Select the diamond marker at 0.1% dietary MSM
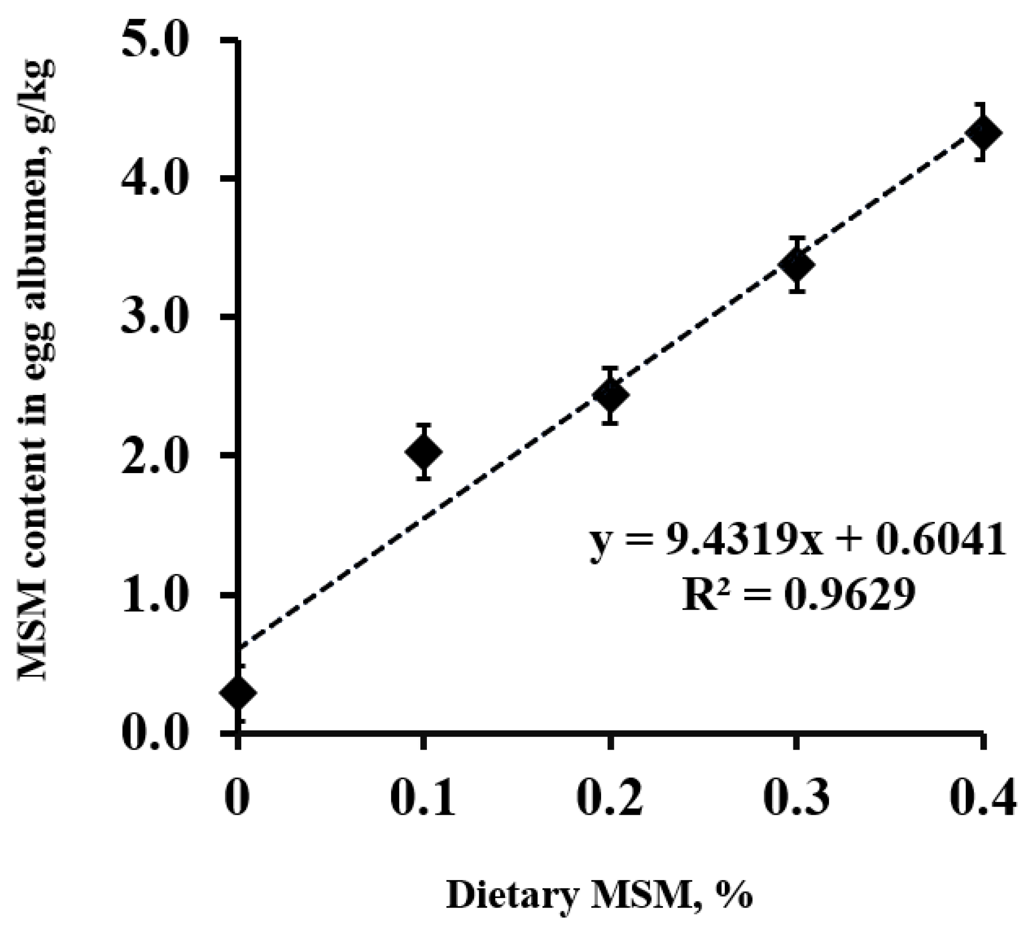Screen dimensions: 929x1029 (x=423, y=452)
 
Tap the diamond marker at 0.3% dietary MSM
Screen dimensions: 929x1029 (x=795, y=265)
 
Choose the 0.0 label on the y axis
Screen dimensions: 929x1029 (x=155, y=733)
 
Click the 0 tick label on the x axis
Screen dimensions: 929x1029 (x=237, y=797)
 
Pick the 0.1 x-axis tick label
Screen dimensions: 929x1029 (x=423, y=797)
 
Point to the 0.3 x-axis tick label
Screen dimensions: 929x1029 (x=795, y=797)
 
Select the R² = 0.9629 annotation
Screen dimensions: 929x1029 (x=797, y=596)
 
